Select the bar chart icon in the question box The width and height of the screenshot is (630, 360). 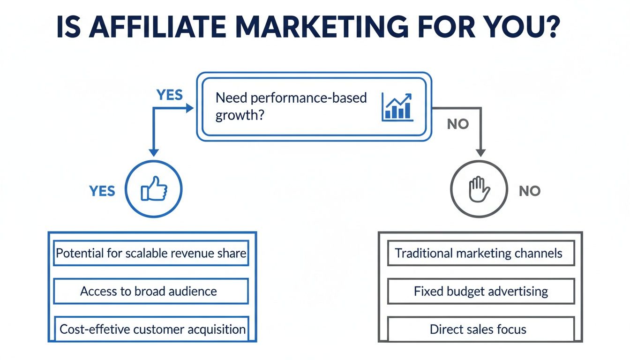tap(397, 107)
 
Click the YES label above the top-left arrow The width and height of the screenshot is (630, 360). tap(170, 95)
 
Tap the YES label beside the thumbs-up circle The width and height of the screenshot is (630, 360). tap(102, 191)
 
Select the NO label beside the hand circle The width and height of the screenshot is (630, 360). tap(530, 191)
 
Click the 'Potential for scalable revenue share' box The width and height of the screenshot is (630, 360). tap(150, 254)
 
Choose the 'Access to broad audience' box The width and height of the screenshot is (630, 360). tap(150, 291)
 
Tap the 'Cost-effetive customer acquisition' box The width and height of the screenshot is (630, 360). tap(150, 329)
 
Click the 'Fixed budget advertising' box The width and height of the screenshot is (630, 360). tap(480, 291)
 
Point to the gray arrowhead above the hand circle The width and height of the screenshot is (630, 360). tap(480, 153)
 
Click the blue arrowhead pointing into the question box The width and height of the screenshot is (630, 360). tap(189, 108)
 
